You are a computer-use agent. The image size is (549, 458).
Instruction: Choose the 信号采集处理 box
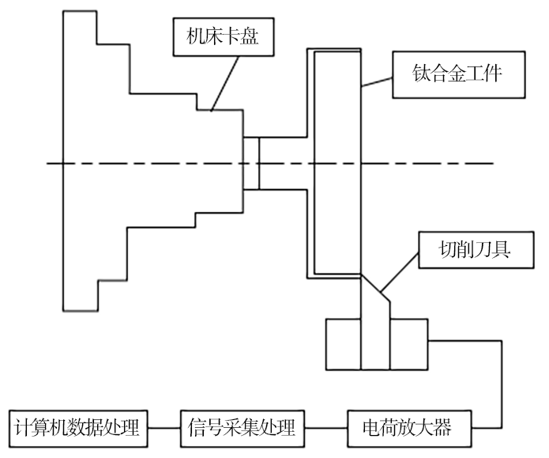[241, 429]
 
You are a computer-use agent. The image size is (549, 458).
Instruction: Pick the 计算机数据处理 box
[77, 429]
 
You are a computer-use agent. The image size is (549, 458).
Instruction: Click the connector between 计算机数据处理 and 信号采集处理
[162, 429]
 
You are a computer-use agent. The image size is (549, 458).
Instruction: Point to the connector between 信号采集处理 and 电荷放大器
[325, 429]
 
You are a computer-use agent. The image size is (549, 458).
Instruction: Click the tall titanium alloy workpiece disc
[338, 162]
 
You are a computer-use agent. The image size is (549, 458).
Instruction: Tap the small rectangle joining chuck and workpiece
[251, 164]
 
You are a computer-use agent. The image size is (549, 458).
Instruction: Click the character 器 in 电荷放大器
[442, 429]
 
